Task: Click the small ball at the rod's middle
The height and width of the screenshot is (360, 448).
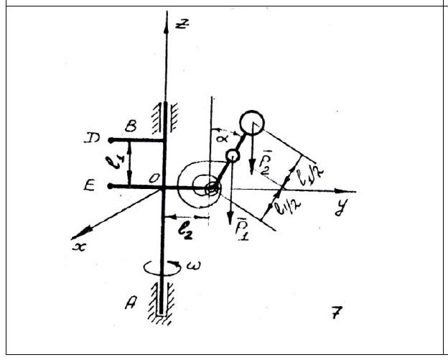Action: click(x=232, y=155)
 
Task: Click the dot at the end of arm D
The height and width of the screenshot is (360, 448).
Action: click(x=110, y=139)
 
